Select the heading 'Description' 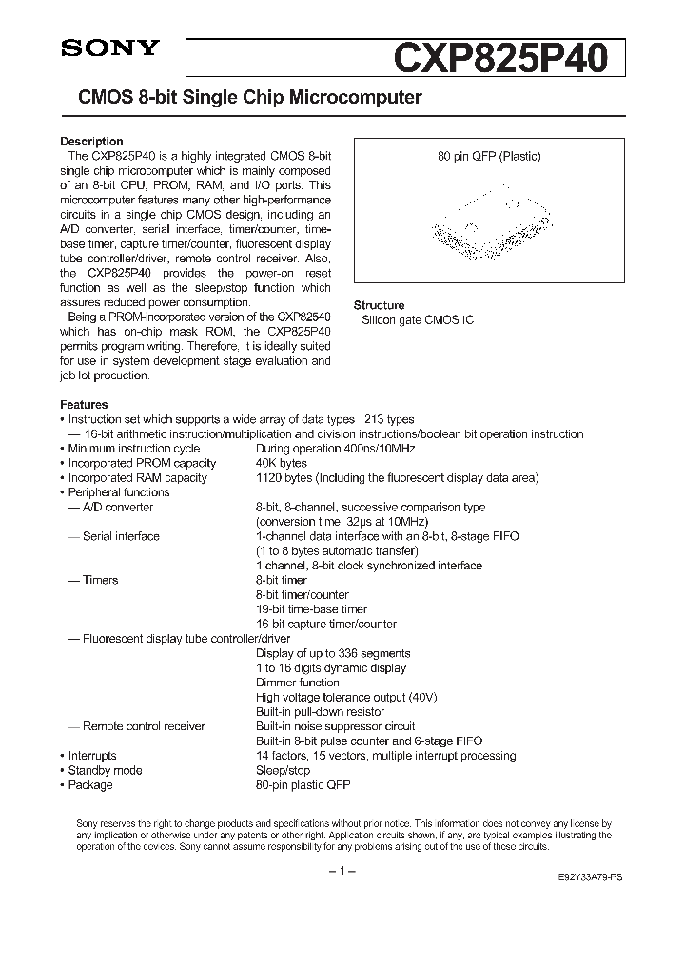(91, 142)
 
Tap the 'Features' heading (84, 405)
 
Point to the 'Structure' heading (380, 305)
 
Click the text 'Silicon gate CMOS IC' (417, 320)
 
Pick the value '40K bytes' (282, 463)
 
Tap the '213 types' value (389, 419)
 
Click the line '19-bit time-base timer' (311, 609)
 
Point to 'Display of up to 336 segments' (333, 653)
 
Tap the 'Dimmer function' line (298, 683)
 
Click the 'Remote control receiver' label (144, 726)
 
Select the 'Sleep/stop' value (283, 770)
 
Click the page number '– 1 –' (342, 872)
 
